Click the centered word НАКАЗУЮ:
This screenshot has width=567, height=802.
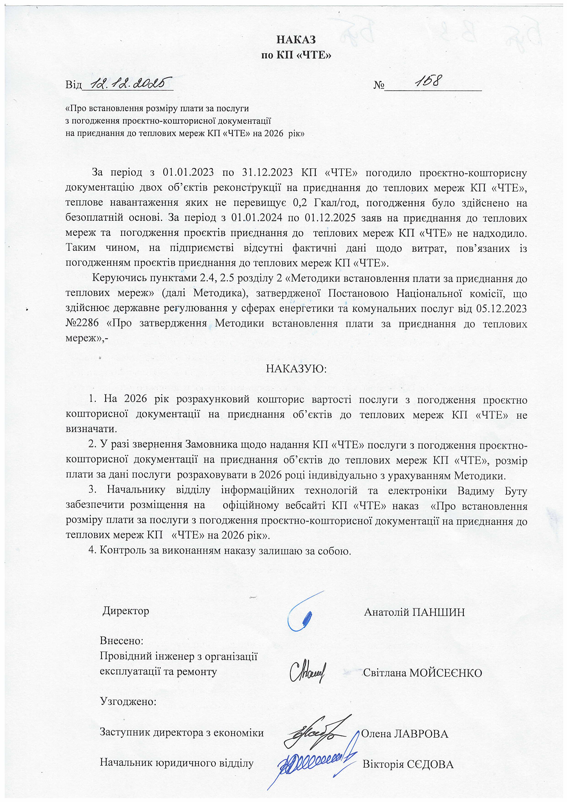coord(296,369)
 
